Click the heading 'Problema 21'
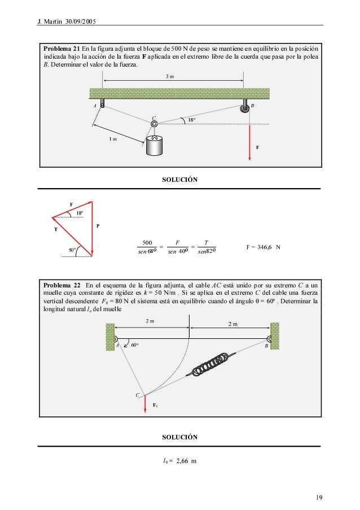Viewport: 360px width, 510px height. [62, 49]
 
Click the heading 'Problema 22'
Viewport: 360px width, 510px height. [62, 284]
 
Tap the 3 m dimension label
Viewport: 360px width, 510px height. [177, 76]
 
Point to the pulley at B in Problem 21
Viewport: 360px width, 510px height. [244, 107]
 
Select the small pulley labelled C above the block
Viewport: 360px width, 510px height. [153, 123]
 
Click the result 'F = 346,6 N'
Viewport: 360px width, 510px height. [264, 247]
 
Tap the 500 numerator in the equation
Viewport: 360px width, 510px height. [149, 243]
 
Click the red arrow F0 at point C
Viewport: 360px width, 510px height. [145, 406]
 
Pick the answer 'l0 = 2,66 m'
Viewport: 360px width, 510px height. [179, 461]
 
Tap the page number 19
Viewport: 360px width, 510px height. [319, 498]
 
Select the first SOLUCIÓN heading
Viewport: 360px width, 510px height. [180, 180]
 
